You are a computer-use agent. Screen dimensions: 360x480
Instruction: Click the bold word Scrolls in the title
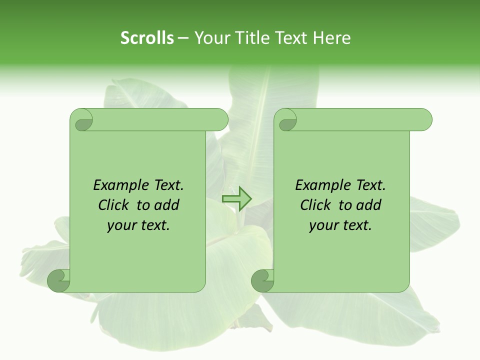point(147,38)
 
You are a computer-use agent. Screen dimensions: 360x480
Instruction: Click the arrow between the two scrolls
point(237,199)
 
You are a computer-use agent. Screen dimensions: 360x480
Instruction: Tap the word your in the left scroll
point(120,226)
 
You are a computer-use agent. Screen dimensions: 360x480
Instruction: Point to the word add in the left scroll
point(166,205)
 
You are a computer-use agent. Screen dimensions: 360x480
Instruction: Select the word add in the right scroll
point(368,205)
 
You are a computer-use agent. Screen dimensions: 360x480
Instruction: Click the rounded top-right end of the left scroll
point(220,120)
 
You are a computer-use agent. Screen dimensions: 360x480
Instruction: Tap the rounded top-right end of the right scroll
point(424,120)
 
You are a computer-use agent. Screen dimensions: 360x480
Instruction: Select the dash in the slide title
point(183,38)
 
